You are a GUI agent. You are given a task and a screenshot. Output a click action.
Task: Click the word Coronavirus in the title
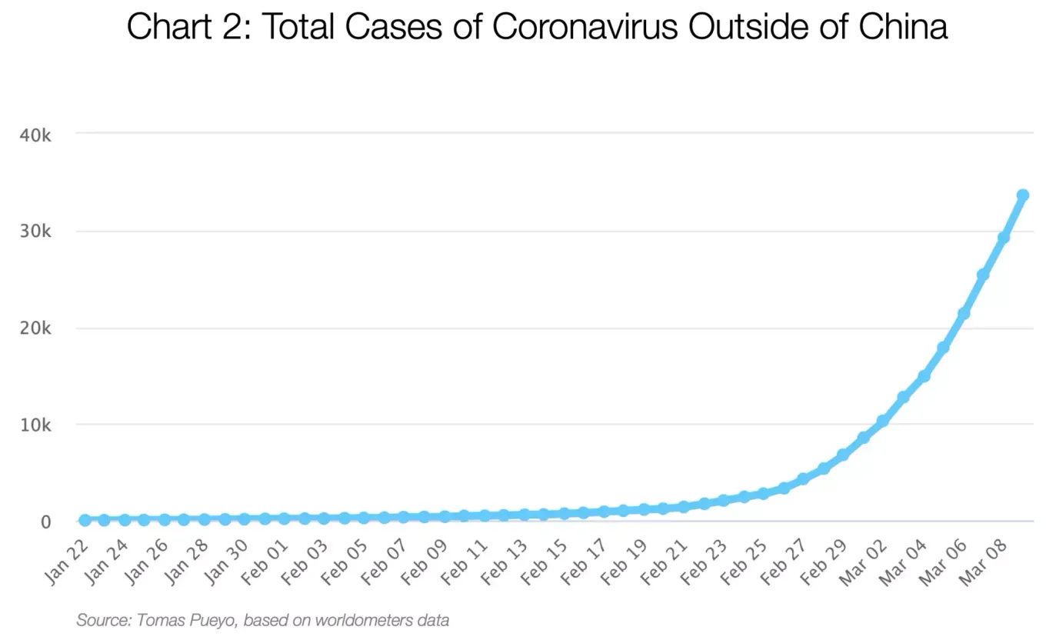point(584,27)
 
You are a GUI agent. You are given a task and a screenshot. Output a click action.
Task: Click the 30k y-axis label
point(35,232)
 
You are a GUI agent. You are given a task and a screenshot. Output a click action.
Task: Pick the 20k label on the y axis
point(35,328)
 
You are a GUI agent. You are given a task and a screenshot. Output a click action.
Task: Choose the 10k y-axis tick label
point(35,425)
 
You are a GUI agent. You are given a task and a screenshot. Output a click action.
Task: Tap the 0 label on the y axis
point(46,522)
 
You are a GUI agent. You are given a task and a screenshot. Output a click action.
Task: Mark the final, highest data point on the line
point(1023,195)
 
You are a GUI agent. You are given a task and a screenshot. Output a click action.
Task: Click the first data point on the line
point(85,520)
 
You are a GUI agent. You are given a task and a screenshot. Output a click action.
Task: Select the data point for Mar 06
point(963,313)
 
